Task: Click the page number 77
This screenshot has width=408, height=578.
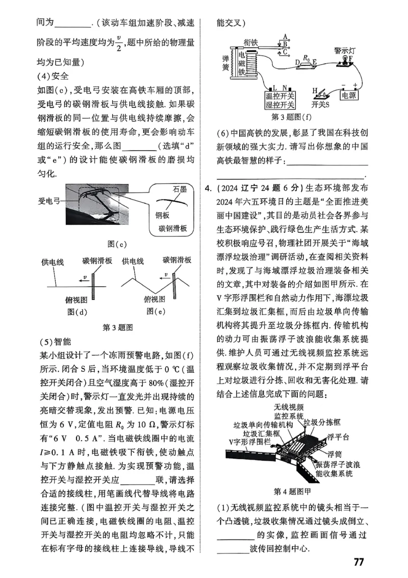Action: coord(358,562)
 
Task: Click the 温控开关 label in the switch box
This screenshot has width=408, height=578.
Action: coord(280,95)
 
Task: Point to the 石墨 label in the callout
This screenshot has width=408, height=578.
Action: coord(179,189)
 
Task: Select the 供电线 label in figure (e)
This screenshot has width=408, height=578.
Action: coord(134,261)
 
